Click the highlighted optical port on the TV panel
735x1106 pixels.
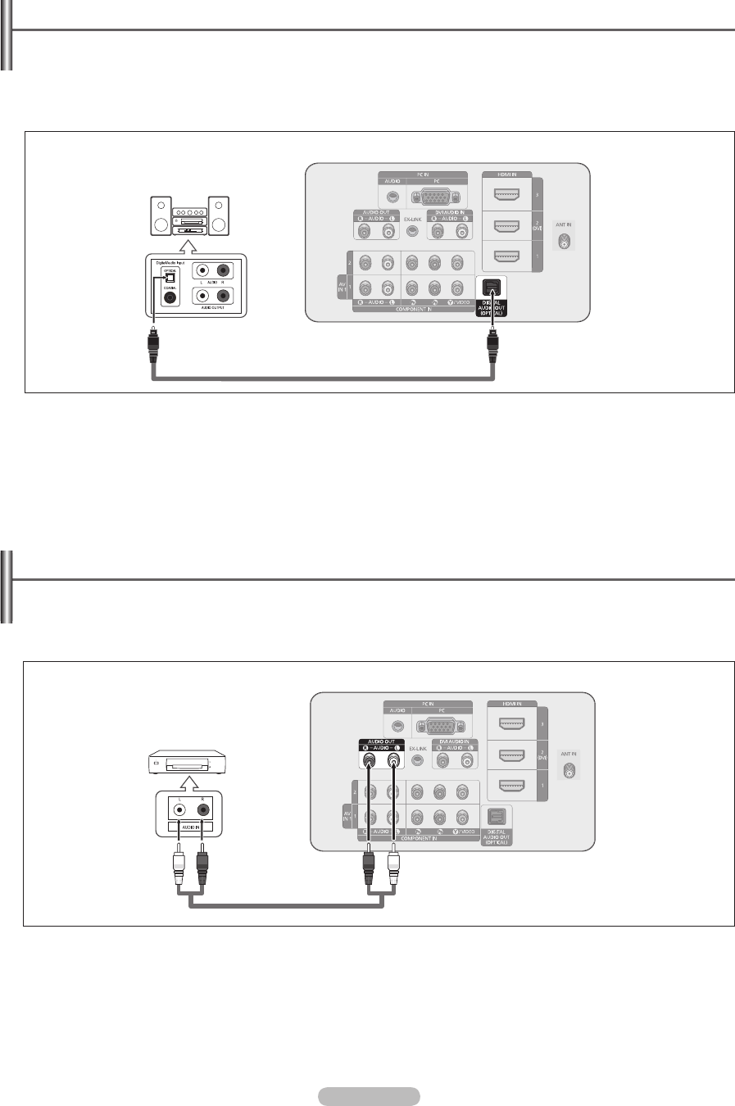tap(491, 288)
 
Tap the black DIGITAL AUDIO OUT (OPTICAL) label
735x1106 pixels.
tap(492, 307)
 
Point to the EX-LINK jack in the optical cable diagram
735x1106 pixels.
tap(412, 232)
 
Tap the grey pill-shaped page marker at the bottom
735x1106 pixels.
tap(367, 1096)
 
